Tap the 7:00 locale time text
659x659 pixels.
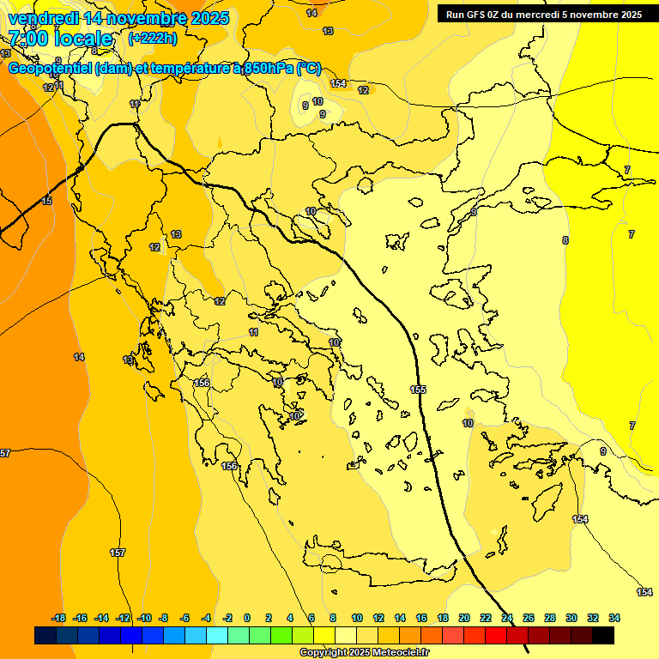60,39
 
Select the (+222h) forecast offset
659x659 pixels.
153,38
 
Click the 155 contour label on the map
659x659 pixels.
418,390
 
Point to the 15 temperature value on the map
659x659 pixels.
46,201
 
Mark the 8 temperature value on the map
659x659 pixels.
565,240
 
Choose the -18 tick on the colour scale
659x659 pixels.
58,618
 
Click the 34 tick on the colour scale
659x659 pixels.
614,618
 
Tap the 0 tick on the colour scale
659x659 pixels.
247,618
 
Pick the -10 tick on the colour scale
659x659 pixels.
144,618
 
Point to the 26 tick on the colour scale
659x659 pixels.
529,618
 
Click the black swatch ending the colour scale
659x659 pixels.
603,635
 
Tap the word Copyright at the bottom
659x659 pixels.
323,653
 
